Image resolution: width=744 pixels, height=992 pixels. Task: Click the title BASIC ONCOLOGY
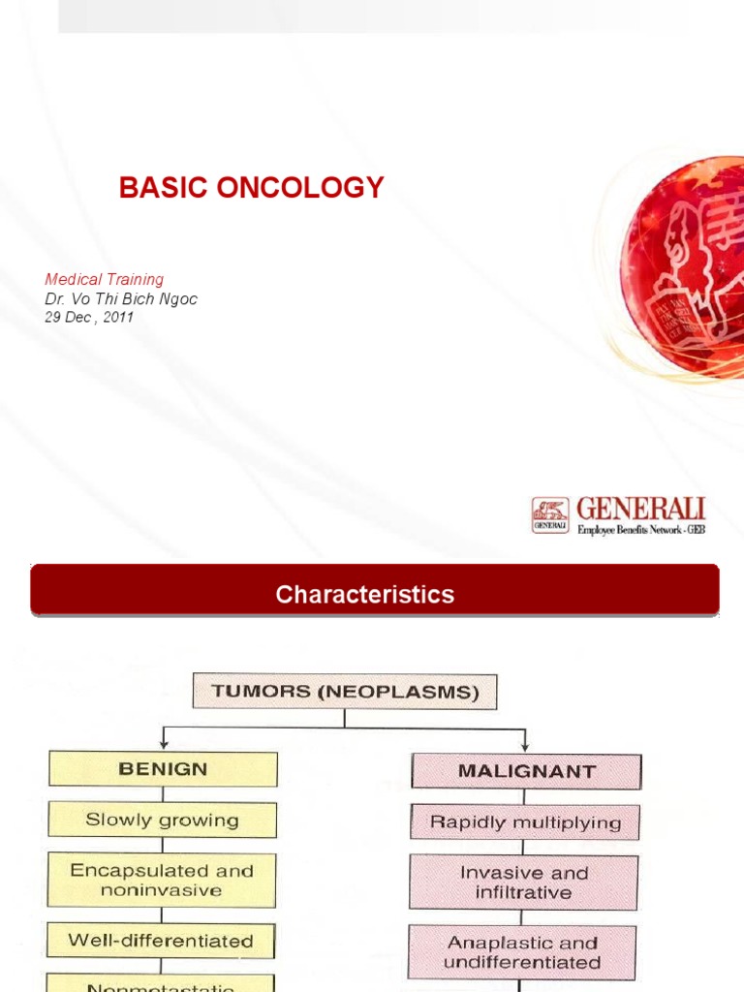252,188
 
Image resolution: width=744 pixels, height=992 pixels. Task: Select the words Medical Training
105,280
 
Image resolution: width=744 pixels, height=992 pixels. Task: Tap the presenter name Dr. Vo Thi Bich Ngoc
121,299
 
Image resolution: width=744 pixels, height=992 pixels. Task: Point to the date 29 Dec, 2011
89,317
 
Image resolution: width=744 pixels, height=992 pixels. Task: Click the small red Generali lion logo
550,514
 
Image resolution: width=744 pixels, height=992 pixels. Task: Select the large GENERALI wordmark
640,509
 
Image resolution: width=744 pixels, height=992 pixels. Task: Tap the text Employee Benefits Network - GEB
640,530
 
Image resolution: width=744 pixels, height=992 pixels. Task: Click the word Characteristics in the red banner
364,594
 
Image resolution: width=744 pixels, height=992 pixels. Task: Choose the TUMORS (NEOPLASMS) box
344,692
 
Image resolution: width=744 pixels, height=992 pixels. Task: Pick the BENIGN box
163,769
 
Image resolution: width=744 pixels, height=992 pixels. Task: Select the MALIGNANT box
526,772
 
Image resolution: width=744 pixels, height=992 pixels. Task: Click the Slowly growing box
163,820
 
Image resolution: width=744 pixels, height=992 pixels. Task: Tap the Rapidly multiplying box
525,822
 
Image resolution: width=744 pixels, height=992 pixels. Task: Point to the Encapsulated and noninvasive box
163,880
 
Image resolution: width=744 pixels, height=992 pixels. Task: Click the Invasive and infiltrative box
524,882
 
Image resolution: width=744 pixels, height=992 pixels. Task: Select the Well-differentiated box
162,941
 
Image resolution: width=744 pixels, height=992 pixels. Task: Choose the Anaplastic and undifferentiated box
522,952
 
